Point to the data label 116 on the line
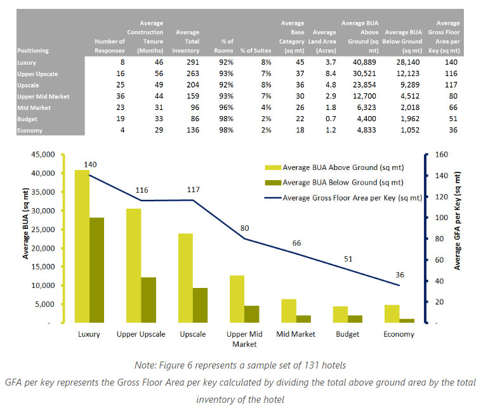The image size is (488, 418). tap(142, 190)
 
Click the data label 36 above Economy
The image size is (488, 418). tap(400, 275)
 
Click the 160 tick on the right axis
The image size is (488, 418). tap(439, 154)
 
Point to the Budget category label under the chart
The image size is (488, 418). tap(347, 334)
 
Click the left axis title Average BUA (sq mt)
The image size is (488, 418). tap(26, 239)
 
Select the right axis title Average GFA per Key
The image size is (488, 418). tap(458, 238)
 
